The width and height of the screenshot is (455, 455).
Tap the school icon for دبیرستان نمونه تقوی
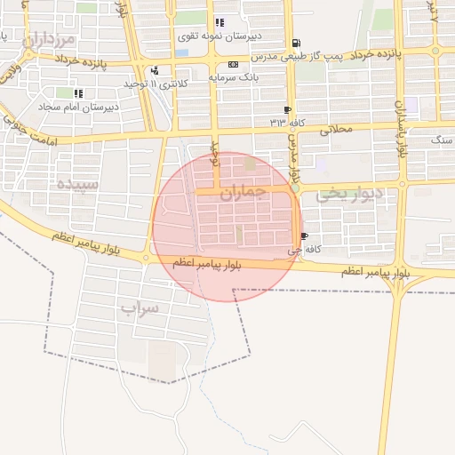(x=219, y=22)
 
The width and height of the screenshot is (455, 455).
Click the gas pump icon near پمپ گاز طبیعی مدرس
(x=296, y=42)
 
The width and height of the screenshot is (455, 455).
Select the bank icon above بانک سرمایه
(x=233, y=64)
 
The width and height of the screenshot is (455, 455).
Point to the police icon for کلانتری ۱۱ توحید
(x=156, y=70)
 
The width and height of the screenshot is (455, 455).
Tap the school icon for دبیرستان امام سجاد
(x=78, y=92)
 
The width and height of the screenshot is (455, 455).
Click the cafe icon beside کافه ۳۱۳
(x=287, y=109)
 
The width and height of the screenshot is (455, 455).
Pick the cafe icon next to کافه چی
(x=305, y=236)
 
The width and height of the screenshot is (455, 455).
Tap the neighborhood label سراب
(x=139, y=309)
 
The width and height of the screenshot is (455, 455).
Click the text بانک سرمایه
(x=233, y=77)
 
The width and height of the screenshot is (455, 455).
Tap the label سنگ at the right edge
(x=442, y=140)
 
